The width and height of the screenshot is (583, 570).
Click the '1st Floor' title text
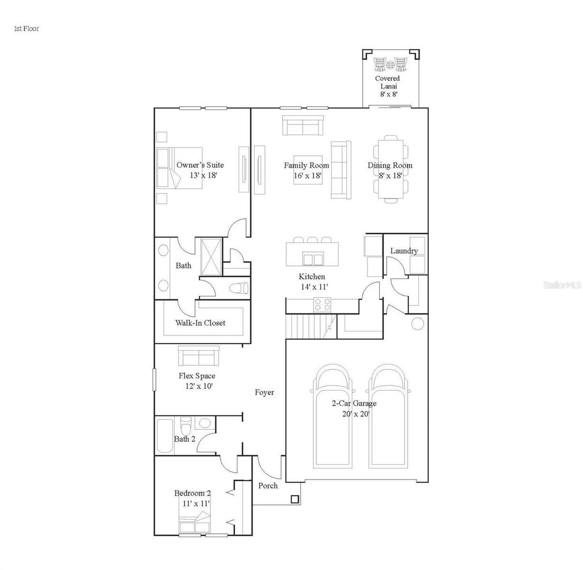click(x=26, y=28)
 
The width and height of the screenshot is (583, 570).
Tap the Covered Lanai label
click(x=387, y=82)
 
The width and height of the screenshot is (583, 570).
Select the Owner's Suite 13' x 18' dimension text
click(x=200, y=175)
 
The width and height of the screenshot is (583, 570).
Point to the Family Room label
click(x=306, y=165)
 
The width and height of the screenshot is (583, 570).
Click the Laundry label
click(x=404, y=251)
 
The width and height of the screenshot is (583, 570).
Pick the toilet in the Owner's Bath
click(x=238, y=288)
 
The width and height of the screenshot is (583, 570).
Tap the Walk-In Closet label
click(x=200, y=323)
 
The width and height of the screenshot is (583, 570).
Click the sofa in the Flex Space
click(x=198, y=355)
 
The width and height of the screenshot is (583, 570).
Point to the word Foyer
click(x=264, y=392)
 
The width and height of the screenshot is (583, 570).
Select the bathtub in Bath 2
click(x=165, y=436)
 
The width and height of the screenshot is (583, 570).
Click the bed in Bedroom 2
click(x=195, y=523)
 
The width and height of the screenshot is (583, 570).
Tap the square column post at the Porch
click(x=294, y=499)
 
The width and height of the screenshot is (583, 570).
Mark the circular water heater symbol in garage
click(x=417, y=324)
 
